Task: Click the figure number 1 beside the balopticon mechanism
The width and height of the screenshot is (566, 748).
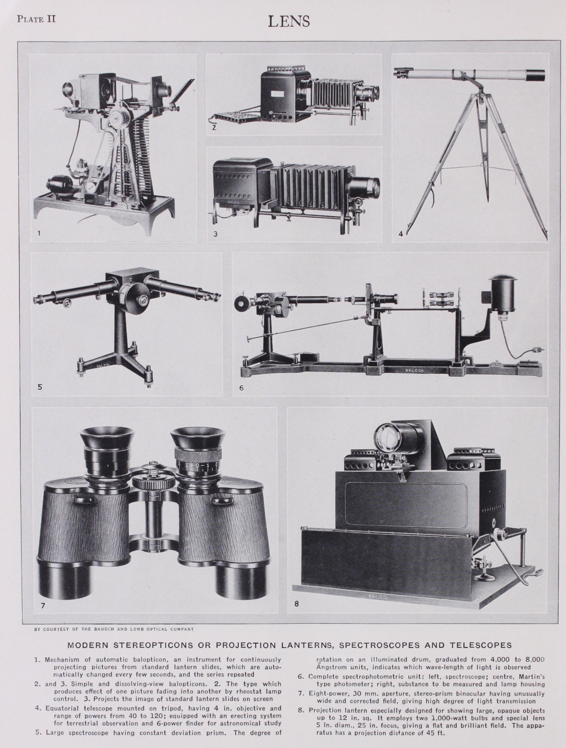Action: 39,233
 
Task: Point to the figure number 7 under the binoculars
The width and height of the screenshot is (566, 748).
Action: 43,606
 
